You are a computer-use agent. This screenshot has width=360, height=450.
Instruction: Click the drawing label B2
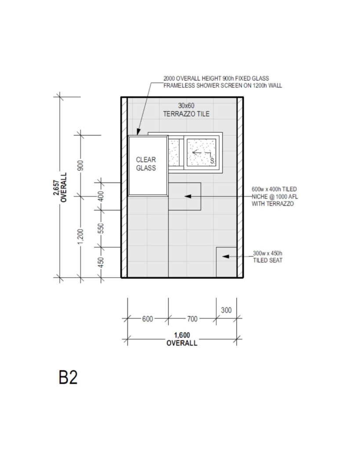(x=68, y=377)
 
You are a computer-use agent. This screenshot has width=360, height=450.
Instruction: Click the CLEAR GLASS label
(x=146, y=163)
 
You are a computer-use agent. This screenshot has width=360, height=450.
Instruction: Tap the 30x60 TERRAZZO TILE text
(x=186, y=109)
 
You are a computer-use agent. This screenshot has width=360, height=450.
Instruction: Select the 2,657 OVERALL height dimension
(x=60, y=187)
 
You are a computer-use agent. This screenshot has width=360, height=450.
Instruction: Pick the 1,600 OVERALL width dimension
(x=182, y=339)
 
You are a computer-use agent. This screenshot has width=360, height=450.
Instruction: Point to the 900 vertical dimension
(x=80, y=165)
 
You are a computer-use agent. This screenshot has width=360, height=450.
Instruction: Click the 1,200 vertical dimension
(x=80, y=237)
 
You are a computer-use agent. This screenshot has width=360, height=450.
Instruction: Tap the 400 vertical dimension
(x=101, y=196)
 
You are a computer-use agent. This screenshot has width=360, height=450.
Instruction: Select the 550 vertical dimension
(x=101, y=229)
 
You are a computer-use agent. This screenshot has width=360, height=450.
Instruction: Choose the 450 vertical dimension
(x=101, y=262)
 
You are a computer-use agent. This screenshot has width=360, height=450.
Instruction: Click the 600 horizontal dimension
(x=148, y=319)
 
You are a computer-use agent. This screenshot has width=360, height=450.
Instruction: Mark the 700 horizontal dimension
(x=193, y=319)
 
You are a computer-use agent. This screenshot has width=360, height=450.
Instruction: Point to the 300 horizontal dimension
(x=226, y=310)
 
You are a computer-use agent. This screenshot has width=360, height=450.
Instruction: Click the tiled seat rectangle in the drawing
(x=226, y=262)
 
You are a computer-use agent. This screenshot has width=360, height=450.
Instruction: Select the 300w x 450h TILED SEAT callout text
(x=268, y=257)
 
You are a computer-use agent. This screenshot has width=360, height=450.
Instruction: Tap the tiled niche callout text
(x=275, y=196)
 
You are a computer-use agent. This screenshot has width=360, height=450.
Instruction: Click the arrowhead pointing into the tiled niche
(x=188, y=196)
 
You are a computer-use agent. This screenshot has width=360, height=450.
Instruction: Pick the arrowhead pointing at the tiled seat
(x=225, y=256)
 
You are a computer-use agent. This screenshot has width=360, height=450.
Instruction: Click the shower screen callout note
(x=223, y=82)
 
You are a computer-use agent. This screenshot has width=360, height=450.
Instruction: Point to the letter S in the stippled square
(x=212, y=161)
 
